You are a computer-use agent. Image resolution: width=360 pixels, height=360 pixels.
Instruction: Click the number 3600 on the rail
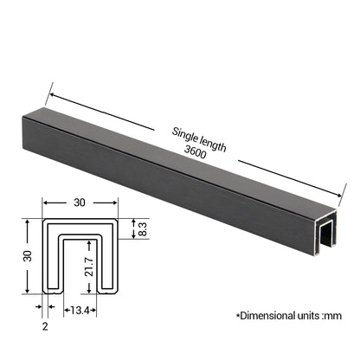coord(196,152)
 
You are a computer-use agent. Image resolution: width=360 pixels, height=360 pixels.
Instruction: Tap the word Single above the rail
coord(184,135)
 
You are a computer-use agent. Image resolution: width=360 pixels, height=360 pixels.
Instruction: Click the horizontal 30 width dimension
coord(80,202)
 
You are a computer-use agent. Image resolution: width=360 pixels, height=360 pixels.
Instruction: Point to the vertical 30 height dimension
coord(28,256)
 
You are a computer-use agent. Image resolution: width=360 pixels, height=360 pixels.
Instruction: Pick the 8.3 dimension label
coord(143,229)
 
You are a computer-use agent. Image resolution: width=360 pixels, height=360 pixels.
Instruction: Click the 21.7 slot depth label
coord(89,267)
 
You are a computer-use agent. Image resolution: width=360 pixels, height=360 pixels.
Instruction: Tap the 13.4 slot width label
coord(80,311)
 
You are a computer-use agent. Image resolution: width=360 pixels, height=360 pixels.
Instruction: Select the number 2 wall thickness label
coord(45,326)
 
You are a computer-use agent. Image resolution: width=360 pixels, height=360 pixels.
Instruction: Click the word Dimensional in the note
coord(264,316)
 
